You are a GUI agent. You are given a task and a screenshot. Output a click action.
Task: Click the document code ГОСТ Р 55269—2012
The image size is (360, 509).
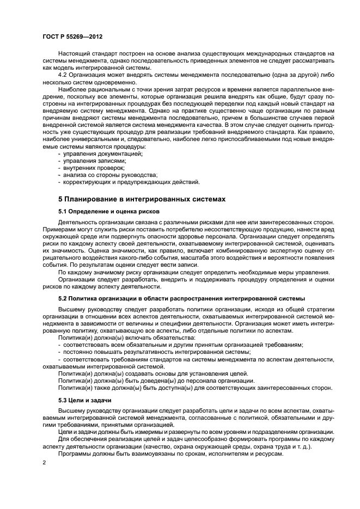coord(72,36)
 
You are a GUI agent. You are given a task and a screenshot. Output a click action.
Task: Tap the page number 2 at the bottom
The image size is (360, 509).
coord(45,462)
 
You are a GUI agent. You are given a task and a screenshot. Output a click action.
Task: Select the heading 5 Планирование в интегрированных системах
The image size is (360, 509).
coord(141,199)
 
